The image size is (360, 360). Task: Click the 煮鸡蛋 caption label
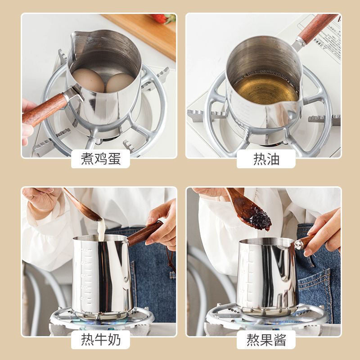coord(100,159)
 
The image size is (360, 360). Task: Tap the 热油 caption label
coord(266,159)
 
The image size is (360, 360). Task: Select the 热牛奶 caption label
coord(100,340)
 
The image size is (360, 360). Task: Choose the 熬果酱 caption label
coord(266,340)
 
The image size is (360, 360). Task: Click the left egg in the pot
coord(88,80)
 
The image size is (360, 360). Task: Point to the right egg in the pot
coord(119,83)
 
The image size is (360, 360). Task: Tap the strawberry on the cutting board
coord(163,18)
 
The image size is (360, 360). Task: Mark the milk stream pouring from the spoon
coord(101,229)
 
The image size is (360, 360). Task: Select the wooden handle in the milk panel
coord(144,234)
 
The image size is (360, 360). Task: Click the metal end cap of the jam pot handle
coord(299,245)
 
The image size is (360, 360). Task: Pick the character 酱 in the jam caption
coord(280,340)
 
